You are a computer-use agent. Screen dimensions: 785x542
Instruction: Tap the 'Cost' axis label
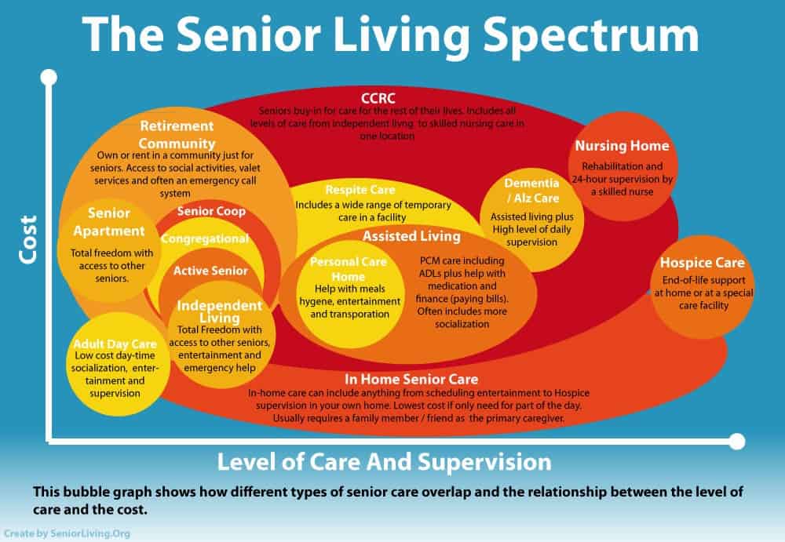point(28,239)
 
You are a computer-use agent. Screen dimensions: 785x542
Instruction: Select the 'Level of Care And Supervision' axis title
point(384,462)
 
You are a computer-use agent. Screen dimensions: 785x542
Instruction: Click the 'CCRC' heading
point(378,98)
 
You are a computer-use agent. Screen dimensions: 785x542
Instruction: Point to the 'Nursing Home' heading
point(622,146)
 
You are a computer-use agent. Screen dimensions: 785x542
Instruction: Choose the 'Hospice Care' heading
point(702,263)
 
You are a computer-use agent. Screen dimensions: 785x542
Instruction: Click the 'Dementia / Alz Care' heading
point(531,190)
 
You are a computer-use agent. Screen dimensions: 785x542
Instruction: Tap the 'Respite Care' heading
point(360,190)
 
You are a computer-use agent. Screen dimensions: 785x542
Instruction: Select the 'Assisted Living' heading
point(411,236)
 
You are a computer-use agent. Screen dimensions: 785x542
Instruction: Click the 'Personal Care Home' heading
point(348,269)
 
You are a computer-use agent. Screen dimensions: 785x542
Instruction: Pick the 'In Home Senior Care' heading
point(411,380)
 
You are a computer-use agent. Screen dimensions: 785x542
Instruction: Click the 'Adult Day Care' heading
point(115,344)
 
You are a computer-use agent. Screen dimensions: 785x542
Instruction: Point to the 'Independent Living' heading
point(219,311)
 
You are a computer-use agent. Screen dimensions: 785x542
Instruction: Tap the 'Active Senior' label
point(210,271)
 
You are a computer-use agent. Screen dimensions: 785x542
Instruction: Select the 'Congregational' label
point(205,238)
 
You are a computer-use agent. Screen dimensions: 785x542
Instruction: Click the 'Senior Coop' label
point(211,211)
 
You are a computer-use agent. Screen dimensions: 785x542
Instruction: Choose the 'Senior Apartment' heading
point(109,222)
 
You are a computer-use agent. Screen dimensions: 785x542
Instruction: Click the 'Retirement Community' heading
point(177,134)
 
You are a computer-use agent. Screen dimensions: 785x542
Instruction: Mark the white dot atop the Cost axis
point(49,78)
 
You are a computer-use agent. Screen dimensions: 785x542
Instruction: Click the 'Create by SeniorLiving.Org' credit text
point(67,533)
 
